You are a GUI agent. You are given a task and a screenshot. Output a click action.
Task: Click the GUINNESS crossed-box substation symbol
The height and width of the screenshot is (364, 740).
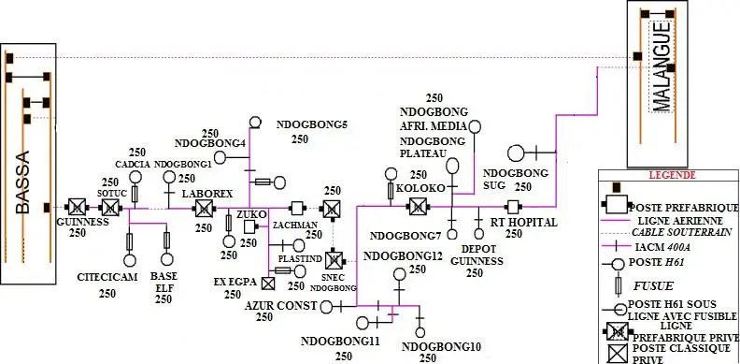76,207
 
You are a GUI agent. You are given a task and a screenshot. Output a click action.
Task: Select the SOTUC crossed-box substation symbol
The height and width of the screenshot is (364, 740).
111,207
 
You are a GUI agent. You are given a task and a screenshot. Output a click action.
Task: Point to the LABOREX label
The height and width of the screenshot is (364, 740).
206,192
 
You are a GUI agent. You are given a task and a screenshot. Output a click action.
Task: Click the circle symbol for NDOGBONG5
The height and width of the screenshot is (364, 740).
255,122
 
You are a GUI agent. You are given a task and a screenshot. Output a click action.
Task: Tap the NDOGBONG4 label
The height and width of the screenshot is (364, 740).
210,142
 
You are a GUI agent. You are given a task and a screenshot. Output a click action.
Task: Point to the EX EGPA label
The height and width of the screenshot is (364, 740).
234,280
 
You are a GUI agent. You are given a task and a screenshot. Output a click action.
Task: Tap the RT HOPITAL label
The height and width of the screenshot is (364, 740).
524,222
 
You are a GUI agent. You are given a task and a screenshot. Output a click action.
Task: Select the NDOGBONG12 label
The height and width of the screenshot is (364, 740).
403,256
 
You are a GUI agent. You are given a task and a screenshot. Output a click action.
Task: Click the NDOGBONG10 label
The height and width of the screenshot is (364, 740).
441,347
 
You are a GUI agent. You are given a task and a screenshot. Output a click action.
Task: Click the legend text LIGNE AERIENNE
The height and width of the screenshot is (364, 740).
684,218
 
